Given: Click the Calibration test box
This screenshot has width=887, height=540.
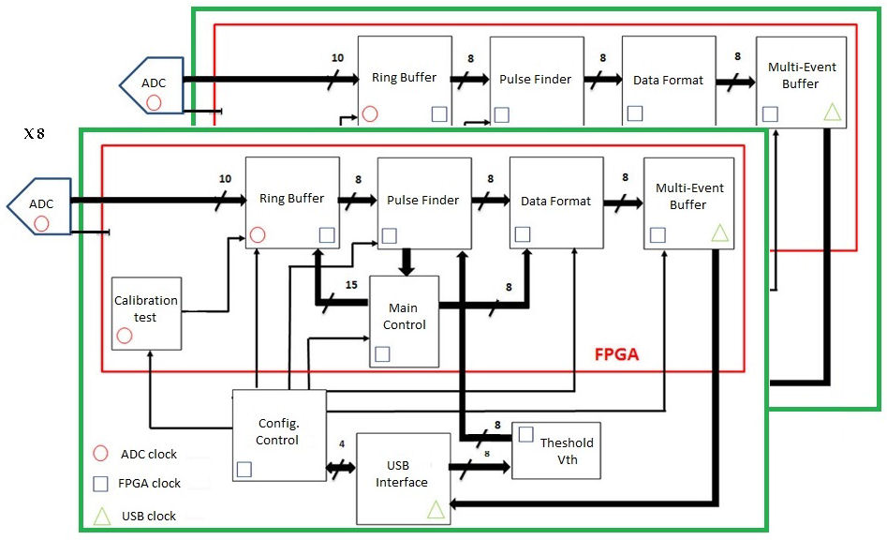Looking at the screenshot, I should [146, 312].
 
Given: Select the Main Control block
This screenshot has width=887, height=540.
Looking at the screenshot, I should [404, 321].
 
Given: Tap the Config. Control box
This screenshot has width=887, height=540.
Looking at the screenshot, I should [278, 434].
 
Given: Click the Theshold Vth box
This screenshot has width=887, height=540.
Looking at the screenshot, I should [556, 451].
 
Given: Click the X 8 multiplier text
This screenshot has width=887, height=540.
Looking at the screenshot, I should [35, 134].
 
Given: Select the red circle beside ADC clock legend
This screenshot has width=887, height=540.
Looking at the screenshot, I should [100, 455].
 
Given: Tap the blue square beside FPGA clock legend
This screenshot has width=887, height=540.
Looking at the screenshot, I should [100, 484].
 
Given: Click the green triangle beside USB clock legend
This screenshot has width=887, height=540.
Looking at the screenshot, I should [100, 515].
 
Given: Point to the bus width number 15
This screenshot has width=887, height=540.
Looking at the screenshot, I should [351, 285].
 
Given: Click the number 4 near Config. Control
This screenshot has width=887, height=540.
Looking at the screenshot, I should [341, 444].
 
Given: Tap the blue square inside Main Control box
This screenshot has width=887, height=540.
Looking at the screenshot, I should [382, 353].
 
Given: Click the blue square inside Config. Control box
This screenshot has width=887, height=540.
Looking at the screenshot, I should [244, 470].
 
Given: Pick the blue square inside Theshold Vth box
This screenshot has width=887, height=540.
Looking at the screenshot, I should [526, 434].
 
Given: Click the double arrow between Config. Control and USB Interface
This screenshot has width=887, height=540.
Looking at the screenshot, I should [341, 466].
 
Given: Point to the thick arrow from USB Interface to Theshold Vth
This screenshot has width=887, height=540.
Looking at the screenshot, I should [479, 466].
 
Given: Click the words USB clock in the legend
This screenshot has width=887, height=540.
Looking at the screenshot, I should [149, 516].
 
